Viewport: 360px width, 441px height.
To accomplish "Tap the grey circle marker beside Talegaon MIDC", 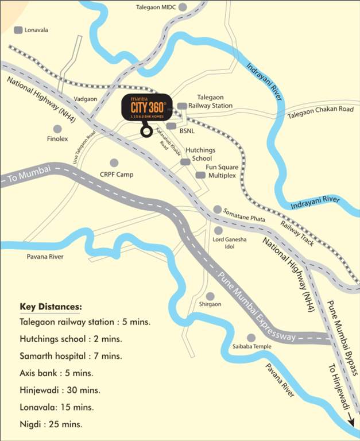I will pyautogui.click(x=183, y=7).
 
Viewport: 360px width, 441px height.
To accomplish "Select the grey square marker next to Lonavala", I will pyautogui.click(x=18, y=30).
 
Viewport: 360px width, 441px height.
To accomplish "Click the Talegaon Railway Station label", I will pyautogui.click(x=214, y=102).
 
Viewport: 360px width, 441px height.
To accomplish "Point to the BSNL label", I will pyautogui.click(x=187, y=131).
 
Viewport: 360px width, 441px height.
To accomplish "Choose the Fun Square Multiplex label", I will pyautogui.click(x=222, y=171).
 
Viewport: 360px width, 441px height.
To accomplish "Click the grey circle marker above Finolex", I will pyautogui.click(x=57, y=129).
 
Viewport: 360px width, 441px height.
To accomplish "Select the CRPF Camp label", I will pyautogui.click(x=117, y=174).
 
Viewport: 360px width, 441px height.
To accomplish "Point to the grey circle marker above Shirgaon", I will pyautogui.click(x=210, y=296).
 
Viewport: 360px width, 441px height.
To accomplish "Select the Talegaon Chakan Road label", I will pyautogui.click(x=320, y=109).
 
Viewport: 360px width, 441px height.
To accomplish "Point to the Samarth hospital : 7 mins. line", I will pyautogui.click(x=71, y=356).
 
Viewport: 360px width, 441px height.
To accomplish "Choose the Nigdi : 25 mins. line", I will pyautogui.click(x=51, y=425).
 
